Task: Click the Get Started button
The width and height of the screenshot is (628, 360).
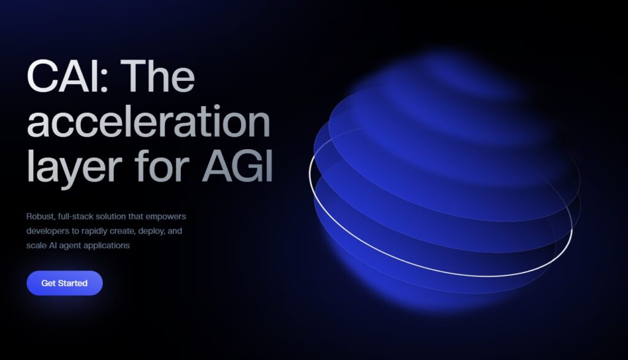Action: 64,283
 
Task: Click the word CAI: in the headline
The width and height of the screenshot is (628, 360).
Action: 67,76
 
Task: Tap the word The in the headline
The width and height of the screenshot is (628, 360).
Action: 158,75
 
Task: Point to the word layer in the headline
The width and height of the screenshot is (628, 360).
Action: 74,167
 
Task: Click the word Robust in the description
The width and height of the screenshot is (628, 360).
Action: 41,216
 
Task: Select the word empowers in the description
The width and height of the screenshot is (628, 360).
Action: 166,217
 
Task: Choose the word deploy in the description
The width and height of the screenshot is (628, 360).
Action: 150,231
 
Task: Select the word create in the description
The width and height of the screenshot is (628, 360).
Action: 122,231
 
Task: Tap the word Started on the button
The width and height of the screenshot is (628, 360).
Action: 72,283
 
